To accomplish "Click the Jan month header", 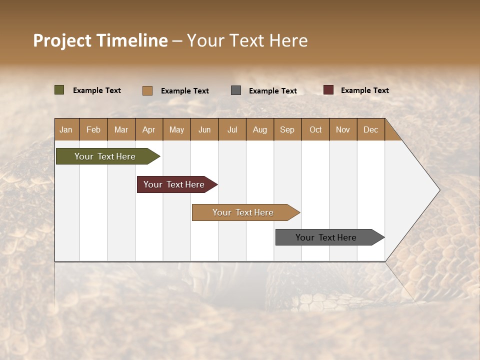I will pyautogui.click(x=66, y=129).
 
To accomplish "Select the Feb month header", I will pyautogui.click(x=93, y=129).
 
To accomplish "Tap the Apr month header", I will pyautogui.click(x=148, y=129).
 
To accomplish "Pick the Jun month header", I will pyautogui.click(x=204, y=129).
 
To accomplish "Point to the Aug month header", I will pyautogui.click(x=259, y=129).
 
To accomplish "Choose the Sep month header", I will pyautogui.click(x=287, y=129).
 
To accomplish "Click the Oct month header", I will pyautogui.click(x=315, y=129).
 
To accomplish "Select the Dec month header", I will pyautogui.click(x=370, y=129).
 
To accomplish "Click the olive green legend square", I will pyautogui.click(x=59, y=90).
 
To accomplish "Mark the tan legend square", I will pyautogui.click(x=147, y=90).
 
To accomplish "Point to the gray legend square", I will pyautogui.click(x=236, y=90).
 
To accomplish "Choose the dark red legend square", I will pyautogui.click(x=328, y=90).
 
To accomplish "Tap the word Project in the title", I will pyautogui.click(x=62, y=40).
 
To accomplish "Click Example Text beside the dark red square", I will pyautogui.click(x=364, y=90).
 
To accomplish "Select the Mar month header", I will pyautogui.click(x=121, y=129).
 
